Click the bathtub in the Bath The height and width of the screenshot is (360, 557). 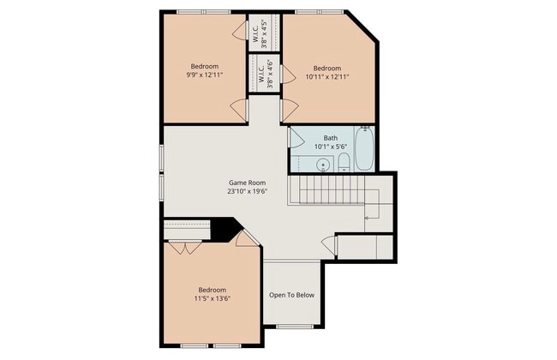(x=364, y=150)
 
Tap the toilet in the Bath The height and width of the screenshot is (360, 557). (x=343, y=162)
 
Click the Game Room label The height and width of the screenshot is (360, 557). (x=247, y=183)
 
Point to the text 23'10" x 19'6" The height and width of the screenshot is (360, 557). (x=247, y=192)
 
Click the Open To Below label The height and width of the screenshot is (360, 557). (x=292, y=295)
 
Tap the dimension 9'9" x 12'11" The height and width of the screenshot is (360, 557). (x=205, y=75)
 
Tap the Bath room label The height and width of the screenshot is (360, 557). (x=331, y=138)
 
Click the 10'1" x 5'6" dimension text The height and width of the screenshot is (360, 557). (x=331, y=147)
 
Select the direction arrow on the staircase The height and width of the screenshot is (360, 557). (x=369, y=218)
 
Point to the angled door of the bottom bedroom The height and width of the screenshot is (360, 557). (x=247, y=239)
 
